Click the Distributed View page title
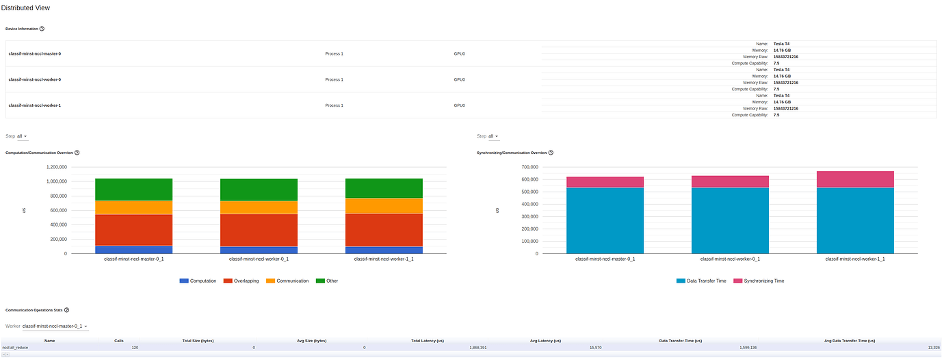[25, 8]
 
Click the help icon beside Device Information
[42, 29]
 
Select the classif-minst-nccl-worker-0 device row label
[35, 79]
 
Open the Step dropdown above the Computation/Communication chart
[22, 136]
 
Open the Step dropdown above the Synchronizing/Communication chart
[493, 136]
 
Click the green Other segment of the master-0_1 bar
[133, 189]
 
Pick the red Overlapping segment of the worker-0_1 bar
[259, 230]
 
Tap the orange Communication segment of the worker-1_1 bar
[384, 205]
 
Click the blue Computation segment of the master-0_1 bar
[133, 249]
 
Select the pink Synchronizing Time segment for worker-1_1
[855, 179]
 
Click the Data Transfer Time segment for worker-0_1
[730, 220]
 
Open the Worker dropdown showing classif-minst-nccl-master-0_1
[55, 326]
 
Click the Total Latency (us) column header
[428, 340]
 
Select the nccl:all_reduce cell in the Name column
[14, 348]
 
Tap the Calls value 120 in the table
[135, 348]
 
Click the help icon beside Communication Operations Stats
[66, 310]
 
